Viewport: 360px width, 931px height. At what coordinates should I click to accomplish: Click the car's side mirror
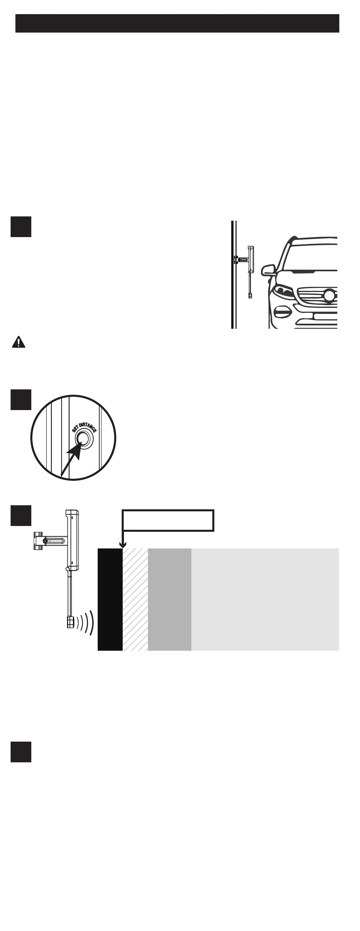click(268, 270)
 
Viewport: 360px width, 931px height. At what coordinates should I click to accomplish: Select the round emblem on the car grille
click(329, 295)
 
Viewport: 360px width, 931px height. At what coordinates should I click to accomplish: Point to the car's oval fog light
click(283, 311)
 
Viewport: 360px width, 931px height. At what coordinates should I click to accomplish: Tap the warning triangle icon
click(18, 342)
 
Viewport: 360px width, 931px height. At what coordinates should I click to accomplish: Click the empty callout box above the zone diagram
click(168, 520)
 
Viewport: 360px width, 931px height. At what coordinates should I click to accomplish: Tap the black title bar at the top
click(177, 23)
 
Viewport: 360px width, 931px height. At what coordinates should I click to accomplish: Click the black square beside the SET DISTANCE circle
click(21, 399)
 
